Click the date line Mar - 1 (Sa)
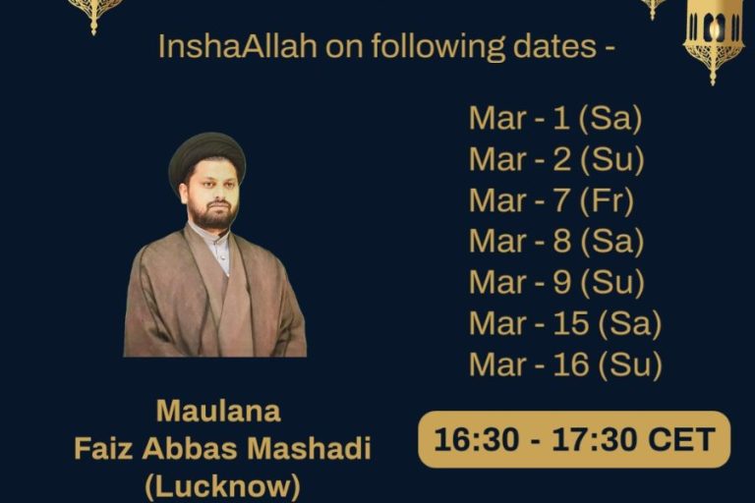click(x=555, y=119)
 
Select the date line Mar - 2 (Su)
click(x=556, y=159)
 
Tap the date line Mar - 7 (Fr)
click(x=552, y=200)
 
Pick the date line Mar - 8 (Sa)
click(x=556, y=241)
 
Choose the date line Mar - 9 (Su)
click(x=556, y=282)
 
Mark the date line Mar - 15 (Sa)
click(x=565, y=323)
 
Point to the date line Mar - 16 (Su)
click(x=566, y=363)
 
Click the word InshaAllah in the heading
click(x=237, y=47)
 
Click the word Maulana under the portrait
click(x=218, y=412)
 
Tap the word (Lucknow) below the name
click(x=223, y=486)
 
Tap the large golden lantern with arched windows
click(x=713, y=38)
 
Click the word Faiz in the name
click(x=102, y=449)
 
